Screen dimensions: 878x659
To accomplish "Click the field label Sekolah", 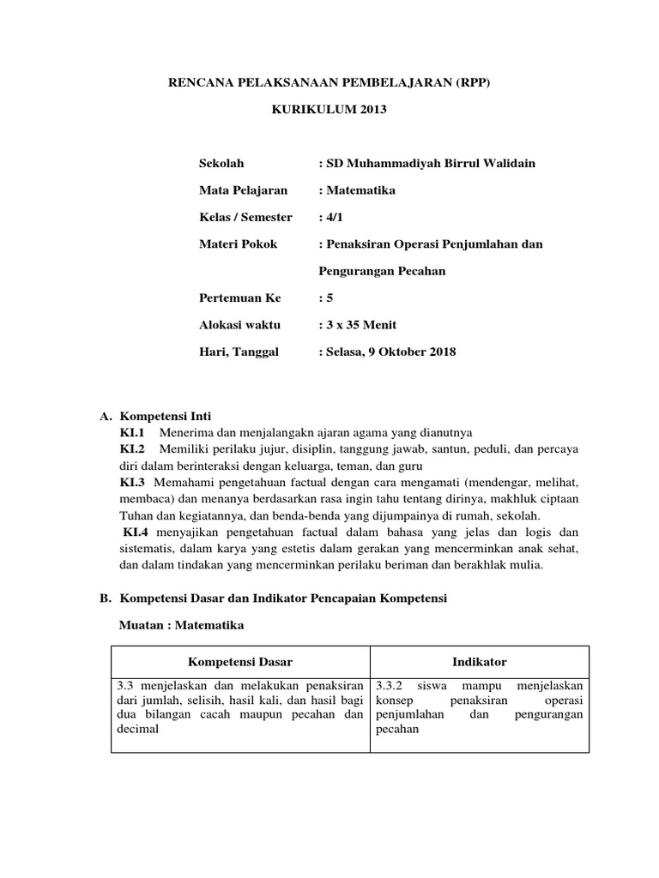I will click(x=221, y=163).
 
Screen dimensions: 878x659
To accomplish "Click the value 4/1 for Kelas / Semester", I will click(x=329, y=217).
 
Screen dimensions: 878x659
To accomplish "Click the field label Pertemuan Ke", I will click(x=239, y=298).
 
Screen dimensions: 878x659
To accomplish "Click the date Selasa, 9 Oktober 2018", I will click(x=387, y=352).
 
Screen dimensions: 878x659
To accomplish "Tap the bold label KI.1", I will click(x=133, y=432).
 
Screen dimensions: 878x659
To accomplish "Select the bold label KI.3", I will click(x=134, y=483).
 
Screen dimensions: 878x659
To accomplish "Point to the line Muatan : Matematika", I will click(x=180, y=626).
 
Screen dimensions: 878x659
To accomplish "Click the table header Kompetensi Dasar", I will click(x=240, y=662).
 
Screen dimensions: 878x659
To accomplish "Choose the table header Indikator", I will click(x=480, y=662).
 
